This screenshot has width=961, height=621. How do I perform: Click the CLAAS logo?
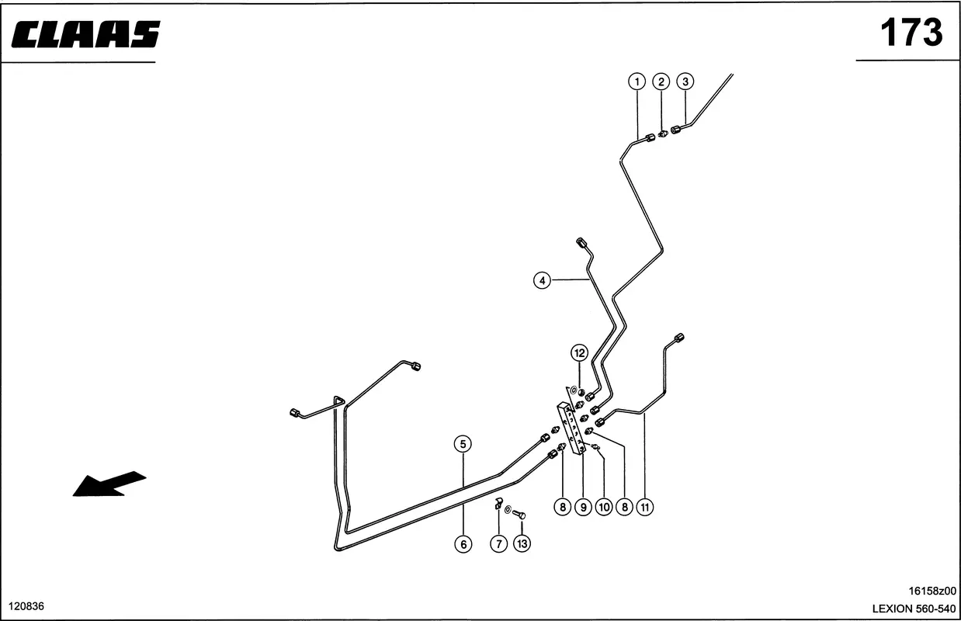coord(86,34)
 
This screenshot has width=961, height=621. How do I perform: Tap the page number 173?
coord(911,33)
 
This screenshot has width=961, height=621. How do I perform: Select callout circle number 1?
coord(637,82)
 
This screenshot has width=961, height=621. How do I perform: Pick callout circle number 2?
coord(661,82)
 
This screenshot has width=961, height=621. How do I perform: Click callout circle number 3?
coord(685,82)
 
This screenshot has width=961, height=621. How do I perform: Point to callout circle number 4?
coord(543,281)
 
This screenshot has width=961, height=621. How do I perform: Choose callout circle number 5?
coord(463,444)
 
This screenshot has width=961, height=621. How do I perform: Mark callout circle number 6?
coord(463,544)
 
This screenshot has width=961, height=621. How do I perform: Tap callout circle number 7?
coord(499,544)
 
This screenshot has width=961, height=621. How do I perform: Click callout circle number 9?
coord(584,507)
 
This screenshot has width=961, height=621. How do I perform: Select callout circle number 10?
coord(604,507)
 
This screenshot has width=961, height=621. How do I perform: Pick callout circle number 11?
coord(645,507)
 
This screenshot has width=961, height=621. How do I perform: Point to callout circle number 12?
coord(580,352)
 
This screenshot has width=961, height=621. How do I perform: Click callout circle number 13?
coord(522,543)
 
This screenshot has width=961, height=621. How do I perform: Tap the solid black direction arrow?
coord(109,484)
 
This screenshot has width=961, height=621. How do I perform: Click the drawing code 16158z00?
coord(932,591)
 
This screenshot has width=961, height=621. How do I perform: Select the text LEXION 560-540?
coord(914,609)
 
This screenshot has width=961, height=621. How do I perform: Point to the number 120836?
coord(26,606)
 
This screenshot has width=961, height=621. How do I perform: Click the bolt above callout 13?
coord(519,514)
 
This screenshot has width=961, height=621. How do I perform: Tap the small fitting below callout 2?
coord(663,134)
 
